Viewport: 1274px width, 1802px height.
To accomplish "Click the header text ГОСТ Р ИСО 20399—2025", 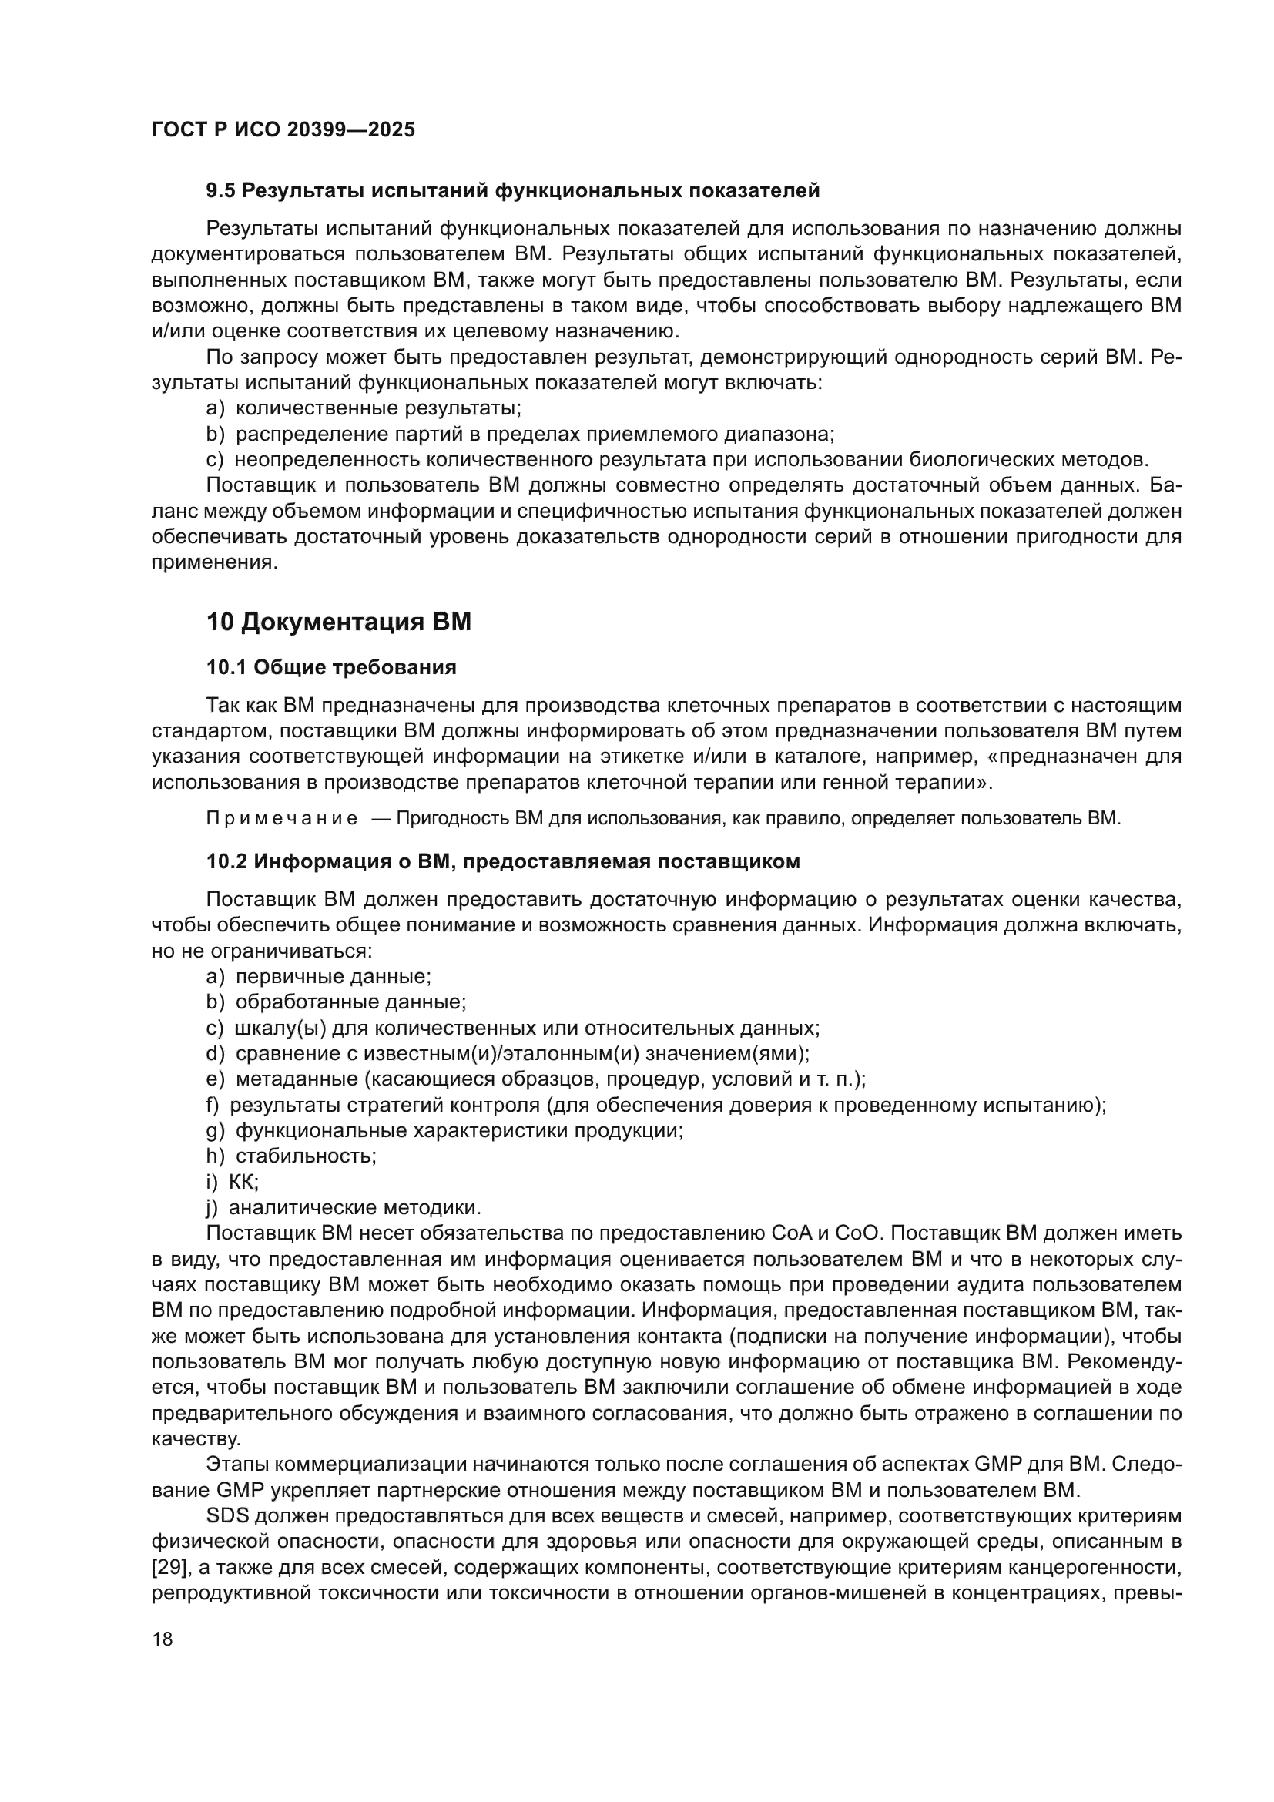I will click(283, 129).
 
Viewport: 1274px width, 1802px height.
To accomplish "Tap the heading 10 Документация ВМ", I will click(339, 622).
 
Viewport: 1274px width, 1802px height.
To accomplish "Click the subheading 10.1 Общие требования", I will click(331, 668).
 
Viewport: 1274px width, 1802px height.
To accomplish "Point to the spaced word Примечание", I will click(282, 819).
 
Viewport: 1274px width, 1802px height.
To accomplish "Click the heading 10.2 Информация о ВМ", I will click(502, 862).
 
